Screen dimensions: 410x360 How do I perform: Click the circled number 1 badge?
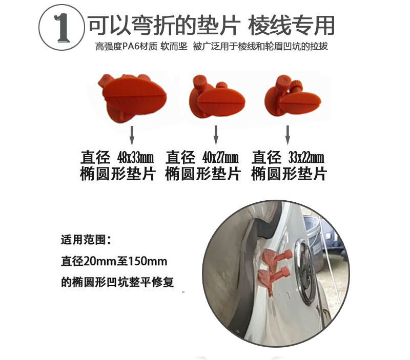point(61,27)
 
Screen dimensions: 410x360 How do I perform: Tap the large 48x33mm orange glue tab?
point(132,97)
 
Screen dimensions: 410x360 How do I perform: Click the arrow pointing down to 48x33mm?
point(132,136)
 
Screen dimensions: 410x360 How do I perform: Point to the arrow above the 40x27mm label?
point(216,135)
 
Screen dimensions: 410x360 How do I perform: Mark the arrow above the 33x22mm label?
point(288,135)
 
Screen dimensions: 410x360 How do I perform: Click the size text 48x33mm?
point(135,158)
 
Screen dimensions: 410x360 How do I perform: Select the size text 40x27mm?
point(220,158)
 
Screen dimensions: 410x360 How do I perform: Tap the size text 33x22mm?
point(306,158)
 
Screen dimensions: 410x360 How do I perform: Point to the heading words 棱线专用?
point(291,25)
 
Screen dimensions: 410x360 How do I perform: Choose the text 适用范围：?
point(86,240)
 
